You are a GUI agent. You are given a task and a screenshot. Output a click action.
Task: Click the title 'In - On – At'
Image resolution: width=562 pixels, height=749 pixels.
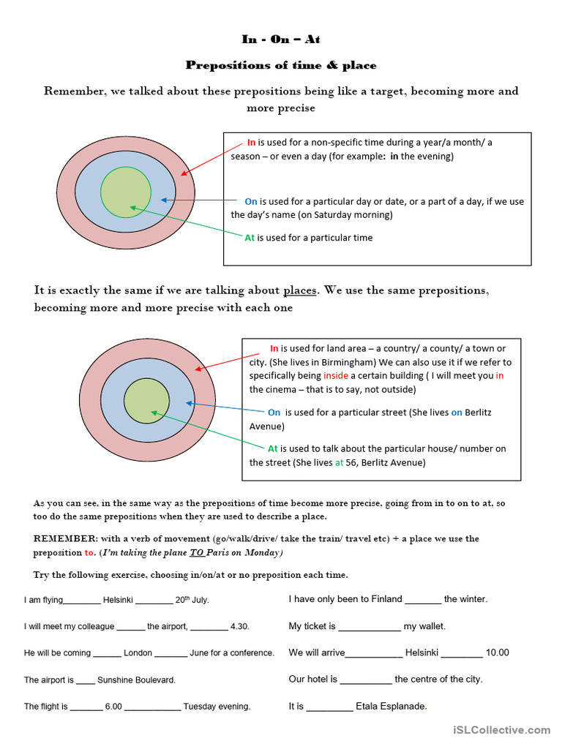pos(281,39)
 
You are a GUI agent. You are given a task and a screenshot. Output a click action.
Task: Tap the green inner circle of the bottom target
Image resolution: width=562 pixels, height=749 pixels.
pos(147,401)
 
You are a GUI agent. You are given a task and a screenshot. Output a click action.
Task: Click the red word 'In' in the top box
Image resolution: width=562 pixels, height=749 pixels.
pos(251,143)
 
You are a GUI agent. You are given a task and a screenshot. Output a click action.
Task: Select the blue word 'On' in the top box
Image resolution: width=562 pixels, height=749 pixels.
pos(251,201)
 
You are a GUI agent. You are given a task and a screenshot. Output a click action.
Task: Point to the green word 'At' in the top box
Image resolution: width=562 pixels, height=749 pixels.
pos(250,238)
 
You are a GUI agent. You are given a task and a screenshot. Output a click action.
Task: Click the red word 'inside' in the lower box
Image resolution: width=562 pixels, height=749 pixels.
pos(318,376)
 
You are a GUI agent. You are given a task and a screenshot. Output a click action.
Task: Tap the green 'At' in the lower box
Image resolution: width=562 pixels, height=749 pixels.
pos(273,448)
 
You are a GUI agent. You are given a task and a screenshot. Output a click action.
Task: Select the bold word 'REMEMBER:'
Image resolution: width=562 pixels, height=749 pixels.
pos(61,538)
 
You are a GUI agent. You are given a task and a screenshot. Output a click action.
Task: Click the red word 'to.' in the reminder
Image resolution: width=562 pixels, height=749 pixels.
pos(90,553)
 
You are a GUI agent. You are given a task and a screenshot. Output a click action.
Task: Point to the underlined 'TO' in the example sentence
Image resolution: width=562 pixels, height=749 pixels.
pos(193,553)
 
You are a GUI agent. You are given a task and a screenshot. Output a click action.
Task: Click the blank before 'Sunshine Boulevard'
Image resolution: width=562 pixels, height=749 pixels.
pos(86,680)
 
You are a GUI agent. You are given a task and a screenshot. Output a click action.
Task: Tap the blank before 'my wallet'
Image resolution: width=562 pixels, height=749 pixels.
pos(370,627)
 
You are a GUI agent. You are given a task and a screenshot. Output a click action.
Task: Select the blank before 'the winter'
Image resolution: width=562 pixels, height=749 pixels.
pos(423,600)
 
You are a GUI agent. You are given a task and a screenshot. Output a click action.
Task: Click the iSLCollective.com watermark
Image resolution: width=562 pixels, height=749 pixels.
pos(501,729)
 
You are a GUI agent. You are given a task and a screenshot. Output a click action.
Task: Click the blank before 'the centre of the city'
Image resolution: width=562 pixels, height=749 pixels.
pos(366,680)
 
